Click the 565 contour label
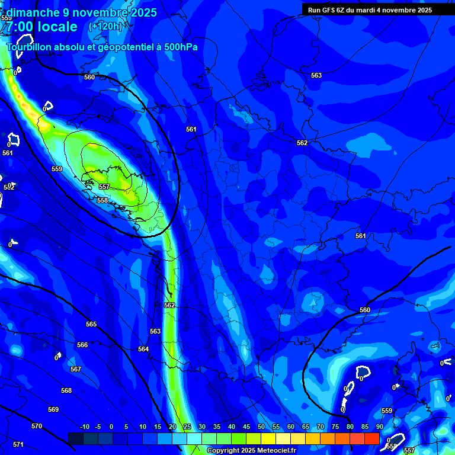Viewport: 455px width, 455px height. tap(91, 324)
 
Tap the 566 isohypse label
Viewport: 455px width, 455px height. tap(82, 345)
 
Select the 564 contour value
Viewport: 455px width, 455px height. tap(143, 349)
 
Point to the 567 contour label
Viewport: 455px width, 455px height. tap(75, 369)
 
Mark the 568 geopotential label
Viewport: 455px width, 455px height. tap(66, 390)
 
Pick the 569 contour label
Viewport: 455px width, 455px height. tap(53, 409)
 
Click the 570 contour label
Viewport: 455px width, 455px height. tap(37, 426)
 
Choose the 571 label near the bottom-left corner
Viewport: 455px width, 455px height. tap(18, 444)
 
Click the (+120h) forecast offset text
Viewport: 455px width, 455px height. tap(105, 26)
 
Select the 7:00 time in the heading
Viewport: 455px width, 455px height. tap(21, 27)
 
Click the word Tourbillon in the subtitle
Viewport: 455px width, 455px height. tap(30, 47)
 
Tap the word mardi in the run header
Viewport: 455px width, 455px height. tap(367, 10)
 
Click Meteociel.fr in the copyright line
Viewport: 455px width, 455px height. tap(276, 451)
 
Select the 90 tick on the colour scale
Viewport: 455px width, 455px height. tap(379, 427)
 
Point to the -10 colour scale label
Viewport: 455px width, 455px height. tap(84, 427)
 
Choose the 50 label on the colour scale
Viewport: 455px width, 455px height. tap(261, 427)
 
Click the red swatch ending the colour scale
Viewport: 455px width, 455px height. tap(371, 438)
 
